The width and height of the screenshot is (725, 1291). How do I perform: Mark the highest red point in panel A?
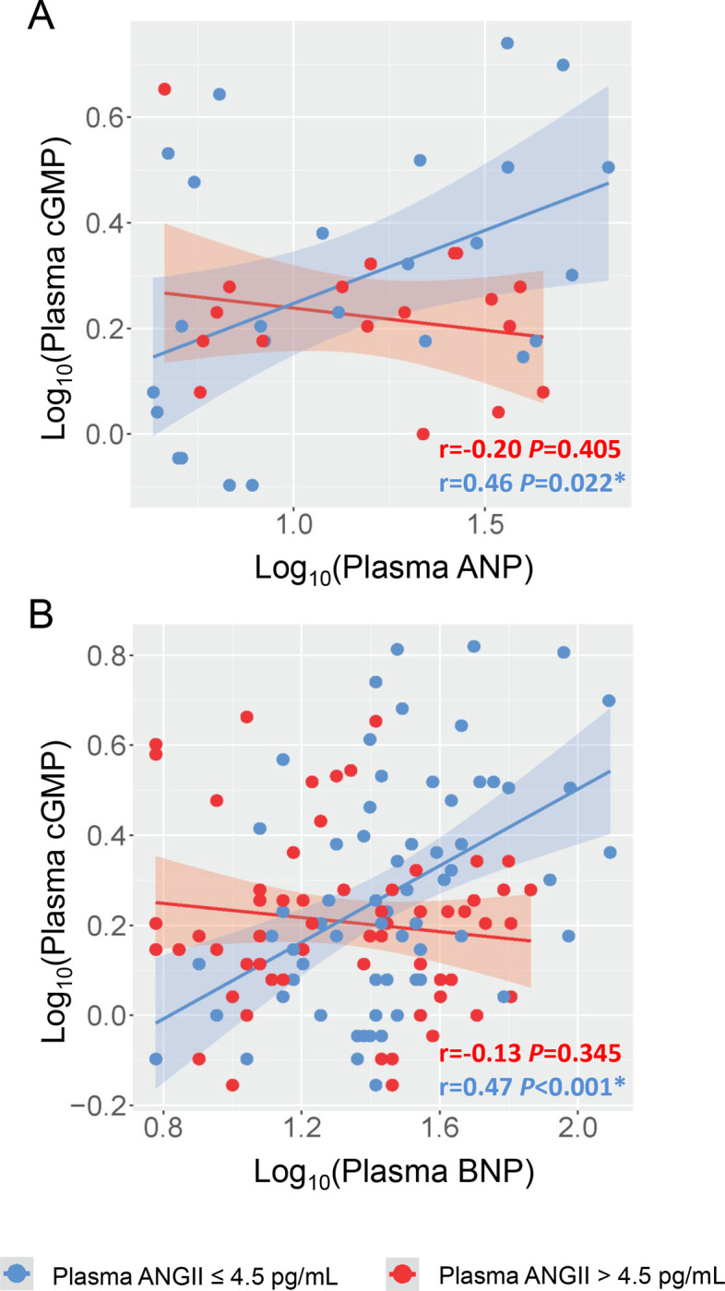point(164,90)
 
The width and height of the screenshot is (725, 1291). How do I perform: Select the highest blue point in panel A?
point(506,43)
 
